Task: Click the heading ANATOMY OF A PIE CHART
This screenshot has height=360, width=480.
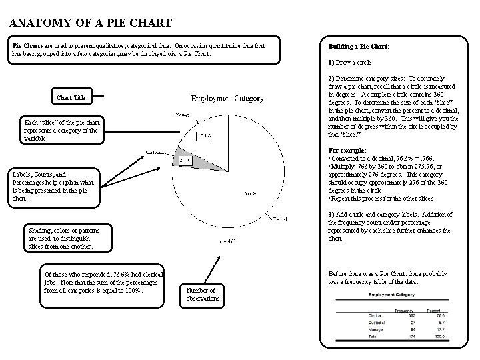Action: point(91,23)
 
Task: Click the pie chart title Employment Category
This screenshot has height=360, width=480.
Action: point(227,98)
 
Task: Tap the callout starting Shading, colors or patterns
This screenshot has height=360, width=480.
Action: point(61,238)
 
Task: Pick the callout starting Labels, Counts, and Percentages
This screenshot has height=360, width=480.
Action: point(53,186)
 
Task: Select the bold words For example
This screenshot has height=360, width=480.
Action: point(346,151)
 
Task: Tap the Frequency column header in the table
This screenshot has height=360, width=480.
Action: point(405,310)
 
